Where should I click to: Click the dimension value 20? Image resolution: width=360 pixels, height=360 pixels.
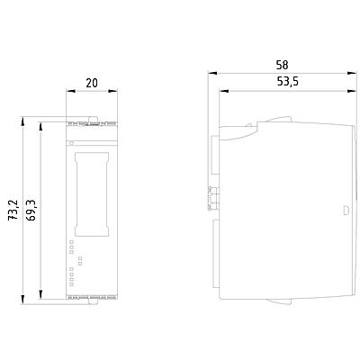tap(92, 83)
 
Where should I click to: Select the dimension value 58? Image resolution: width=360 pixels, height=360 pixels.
tap(283, 65)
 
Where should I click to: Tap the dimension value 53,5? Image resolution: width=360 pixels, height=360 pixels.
tap(287, 82)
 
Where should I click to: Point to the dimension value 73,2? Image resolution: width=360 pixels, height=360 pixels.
tap(13, 211)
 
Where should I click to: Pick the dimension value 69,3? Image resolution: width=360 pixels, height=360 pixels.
tap(31, 211)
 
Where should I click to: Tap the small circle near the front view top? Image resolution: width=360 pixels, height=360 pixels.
tap(71, 143)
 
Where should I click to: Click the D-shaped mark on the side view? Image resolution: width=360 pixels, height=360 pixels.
tap(346, 211)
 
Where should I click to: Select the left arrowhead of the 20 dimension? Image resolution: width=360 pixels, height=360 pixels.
tap(70, 91)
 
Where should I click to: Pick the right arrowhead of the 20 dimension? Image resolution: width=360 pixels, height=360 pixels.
tap(113, 91)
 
